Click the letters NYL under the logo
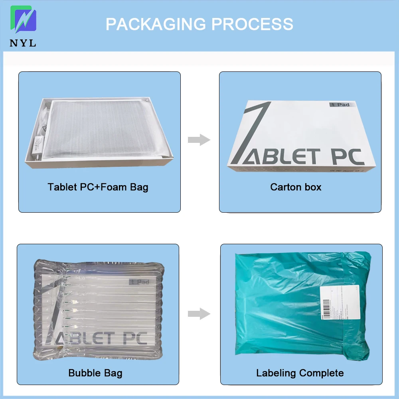pos(23,43)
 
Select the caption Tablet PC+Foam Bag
pos(98,187)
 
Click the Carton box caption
pos(296,187)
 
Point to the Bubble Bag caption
pos(95,373)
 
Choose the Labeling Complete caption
pos(300,373)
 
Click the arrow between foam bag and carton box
pos(199,140)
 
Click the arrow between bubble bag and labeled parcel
pos(199,314)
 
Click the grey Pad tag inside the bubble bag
pos(138,282)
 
